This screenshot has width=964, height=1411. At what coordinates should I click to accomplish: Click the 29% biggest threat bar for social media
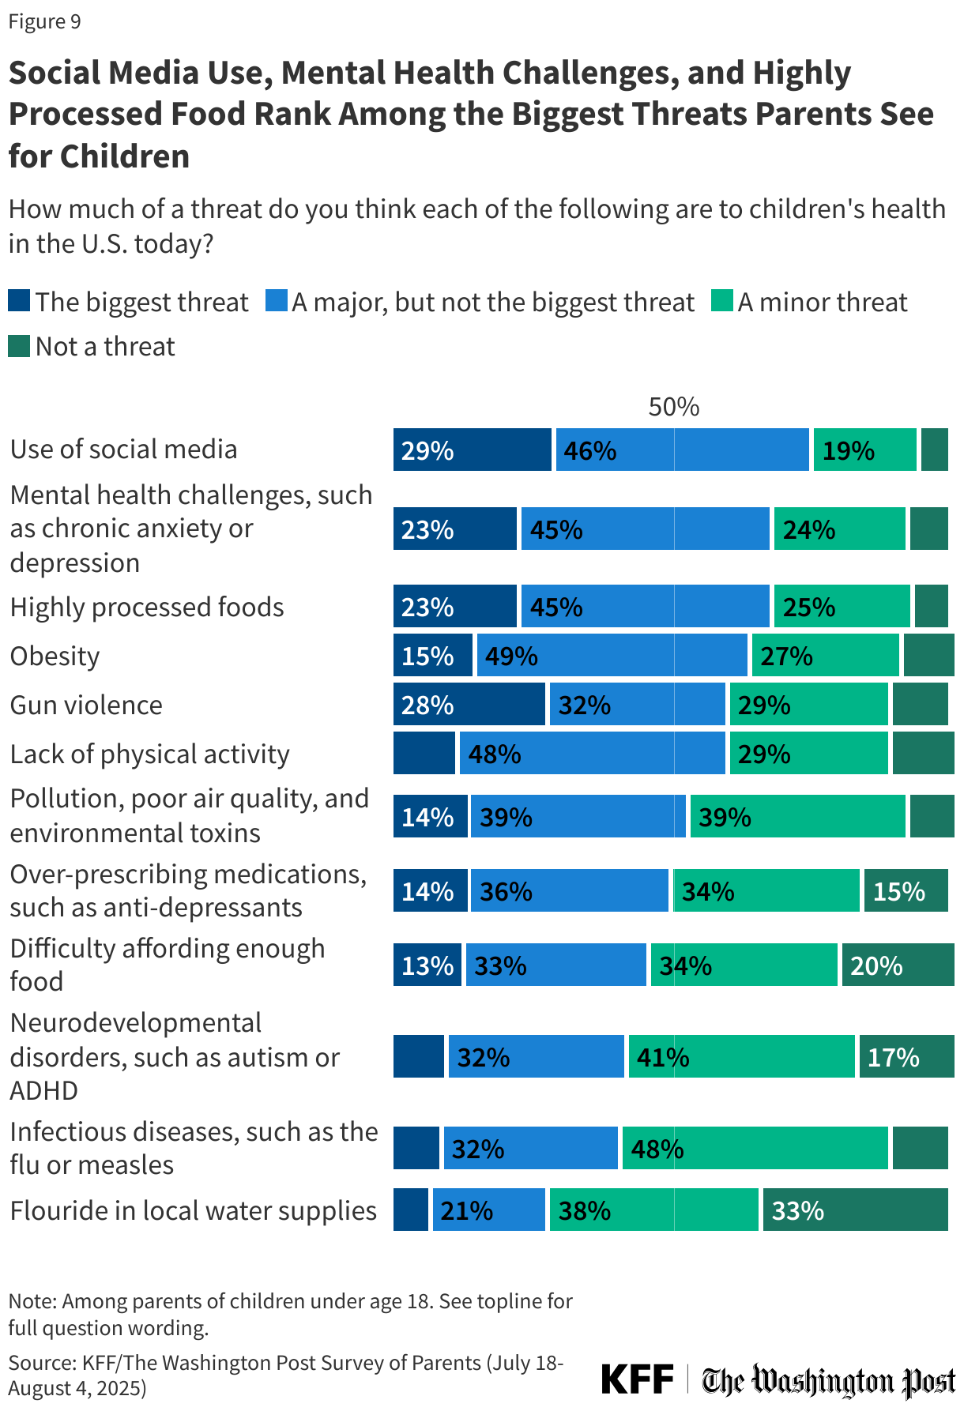(x=472, y=450)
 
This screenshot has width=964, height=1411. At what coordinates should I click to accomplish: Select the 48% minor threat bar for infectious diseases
(x=755, y=1148)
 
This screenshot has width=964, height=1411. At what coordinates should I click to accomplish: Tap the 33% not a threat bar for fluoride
(x=855, y=1210)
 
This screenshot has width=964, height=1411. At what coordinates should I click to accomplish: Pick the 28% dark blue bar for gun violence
(x=469, y=704)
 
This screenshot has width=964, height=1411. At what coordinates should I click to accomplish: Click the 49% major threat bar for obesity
(x=612, y=655)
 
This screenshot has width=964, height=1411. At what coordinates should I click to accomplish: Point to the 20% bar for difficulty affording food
(x=898, y=965)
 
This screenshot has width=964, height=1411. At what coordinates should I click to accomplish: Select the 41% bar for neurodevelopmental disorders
(x=741, y=1056)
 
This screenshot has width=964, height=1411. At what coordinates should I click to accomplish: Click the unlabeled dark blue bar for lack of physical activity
(x=424, y=753)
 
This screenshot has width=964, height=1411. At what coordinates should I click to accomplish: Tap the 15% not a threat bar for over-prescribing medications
(x=906, y=890)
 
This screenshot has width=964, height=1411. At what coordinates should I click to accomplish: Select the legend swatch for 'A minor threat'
(x=721, y=301)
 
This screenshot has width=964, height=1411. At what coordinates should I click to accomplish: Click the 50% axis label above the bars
(x=673, y=407)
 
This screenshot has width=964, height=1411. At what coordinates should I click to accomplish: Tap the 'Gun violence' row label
(x=86, y=705)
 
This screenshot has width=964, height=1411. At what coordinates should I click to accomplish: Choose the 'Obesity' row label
(x=55, y=656)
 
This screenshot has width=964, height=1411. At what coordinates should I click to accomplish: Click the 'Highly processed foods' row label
(x=147, y=607)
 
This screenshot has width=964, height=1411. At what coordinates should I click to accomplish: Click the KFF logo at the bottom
(x=637, y=1379)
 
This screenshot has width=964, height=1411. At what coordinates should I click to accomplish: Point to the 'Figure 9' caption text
(x=44, y=21)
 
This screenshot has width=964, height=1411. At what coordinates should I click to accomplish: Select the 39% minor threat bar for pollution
(x=797, y=816)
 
